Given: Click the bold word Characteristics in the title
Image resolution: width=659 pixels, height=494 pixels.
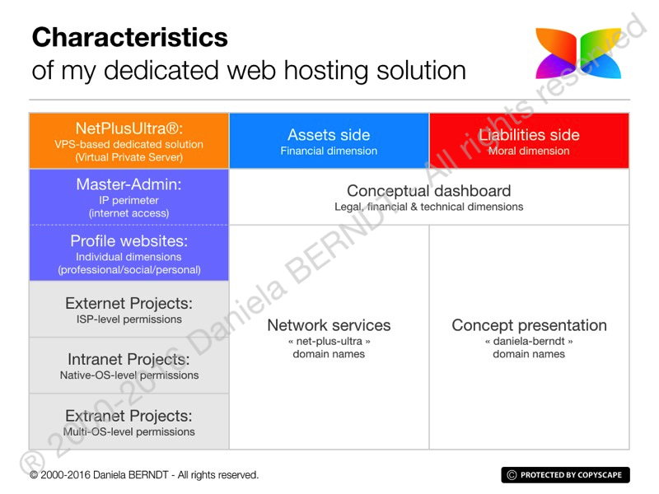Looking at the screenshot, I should coord(129,37).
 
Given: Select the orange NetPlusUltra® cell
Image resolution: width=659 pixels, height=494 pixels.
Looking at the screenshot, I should coord(129,141).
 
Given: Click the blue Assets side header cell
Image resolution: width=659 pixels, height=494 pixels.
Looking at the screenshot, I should coord(329,141).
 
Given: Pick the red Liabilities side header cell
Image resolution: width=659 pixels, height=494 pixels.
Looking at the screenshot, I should coord(529,141).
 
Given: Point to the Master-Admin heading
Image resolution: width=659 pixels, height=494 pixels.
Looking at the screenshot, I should coord(129,184).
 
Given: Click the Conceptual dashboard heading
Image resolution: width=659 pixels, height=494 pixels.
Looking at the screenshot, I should coord(428,191).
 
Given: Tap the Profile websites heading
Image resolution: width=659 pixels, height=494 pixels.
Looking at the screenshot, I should coord(129,241).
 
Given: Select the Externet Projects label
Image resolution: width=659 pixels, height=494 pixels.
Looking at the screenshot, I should coord(129,303).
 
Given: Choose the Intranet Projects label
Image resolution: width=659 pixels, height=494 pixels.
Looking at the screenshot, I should coord(129,359).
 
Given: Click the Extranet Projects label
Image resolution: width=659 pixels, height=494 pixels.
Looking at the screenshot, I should coord(129,416).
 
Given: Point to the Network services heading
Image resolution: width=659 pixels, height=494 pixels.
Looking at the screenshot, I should coord(329,325).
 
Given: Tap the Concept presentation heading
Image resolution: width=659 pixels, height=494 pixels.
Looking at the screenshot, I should coord(529,325).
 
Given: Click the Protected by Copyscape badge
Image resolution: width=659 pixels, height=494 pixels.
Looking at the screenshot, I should coord(565,475).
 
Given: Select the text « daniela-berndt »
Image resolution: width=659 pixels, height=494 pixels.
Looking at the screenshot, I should coord(529,340).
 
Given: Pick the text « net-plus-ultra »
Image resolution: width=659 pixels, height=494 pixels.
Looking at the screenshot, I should coord(329,340).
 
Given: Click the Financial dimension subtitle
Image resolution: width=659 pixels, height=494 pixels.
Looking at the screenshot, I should coord(329,151).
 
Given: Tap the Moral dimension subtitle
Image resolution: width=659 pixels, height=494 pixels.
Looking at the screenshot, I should coord(529,151).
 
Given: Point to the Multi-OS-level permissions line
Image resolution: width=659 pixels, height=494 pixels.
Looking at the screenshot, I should coord(129,431).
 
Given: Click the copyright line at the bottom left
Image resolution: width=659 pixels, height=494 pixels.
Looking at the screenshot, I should coord(144,475).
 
